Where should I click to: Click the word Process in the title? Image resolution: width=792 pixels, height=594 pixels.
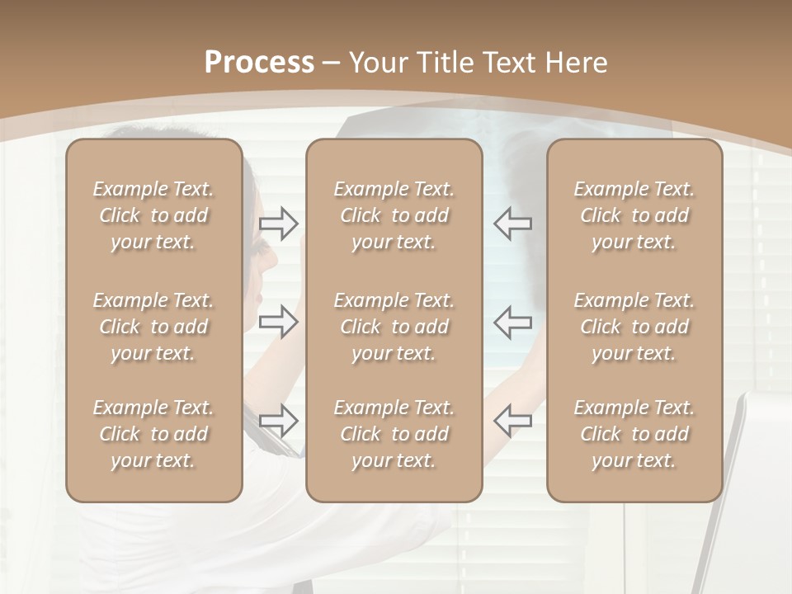coord(259,63)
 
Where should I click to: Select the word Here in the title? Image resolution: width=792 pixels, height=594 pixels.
coord(577,63)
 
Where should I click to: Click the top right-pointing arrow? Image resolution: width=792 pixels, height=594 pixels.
coord(279,223)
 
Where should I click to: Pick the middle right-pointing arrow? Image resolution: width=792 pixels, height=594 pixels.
coord(279,321)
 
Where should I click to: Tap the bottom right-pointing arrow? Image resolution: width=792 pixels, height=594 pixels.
coord(279,420)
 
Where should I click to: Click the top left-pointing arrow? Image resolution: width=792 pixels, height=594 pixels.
coord(512,223)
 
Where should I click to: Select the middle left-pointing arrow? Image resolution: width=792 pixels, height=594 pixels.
coord(512,321)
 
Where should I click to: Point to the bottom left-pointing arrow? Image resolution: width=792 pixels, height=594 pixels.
coord(512,420)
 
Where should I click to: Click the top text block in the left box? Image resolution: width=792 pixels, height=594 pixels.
coord(153,215)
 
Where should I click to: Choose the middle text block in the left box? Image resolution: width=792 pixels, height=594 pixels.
coord(153,327)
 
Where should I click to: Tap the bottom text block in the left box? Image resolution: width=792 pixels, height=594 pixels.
coord(153,434)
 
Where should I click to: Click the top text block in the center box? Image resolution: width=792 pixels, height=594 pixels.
coord(394,215)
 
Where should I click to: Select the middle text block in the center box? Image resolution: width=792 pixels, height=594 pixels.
coord(394,327)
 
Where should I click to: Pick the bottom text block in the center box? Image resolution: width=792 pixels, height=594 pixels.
coord(394,434)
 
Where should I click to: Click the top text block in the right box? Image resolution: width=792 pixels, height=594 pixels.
coord(634,215)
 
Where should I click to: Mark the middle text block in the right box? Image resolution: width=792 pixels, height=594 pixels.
coord(634,327)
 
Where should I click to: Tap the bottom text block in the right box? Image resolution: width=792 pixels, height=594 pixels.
coord(634,434)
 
